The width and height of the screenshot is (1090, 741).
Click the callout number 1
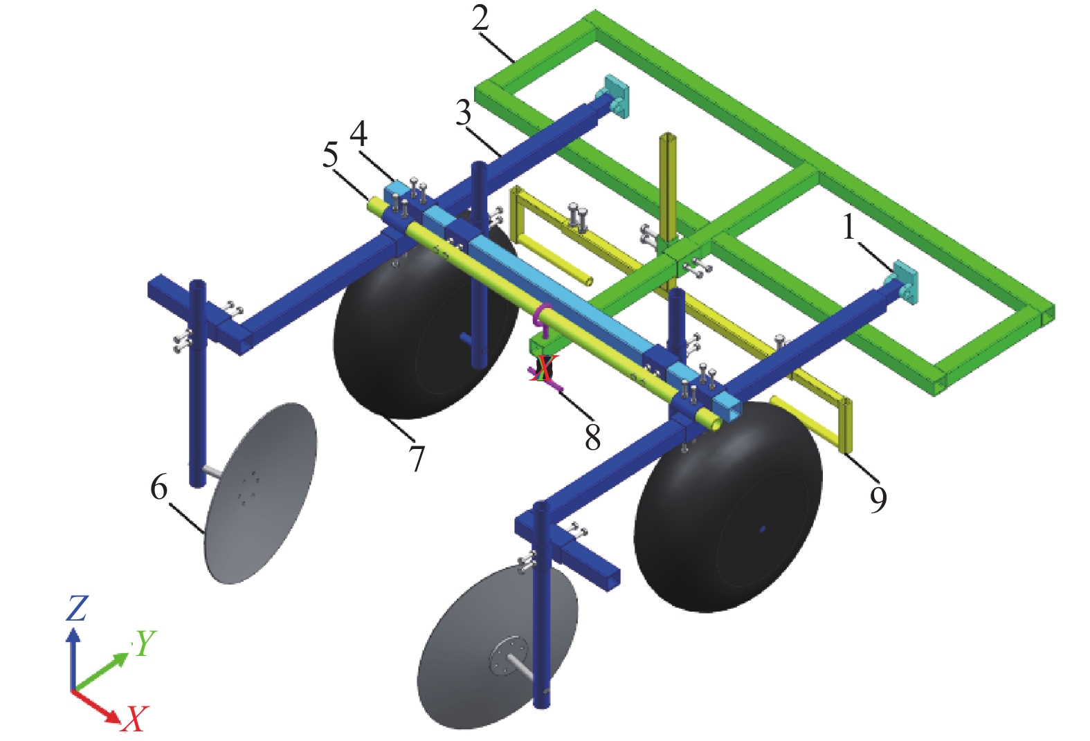pyautogui.click(x=848, y=227)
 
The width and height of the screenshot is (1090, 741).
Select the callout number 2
pyautogui.click(x=480, y=19)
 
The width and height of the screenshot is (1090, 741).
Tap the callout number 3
pyautogui.click(x=463, y=113)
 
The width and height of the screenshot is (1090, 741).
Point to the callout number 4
pyautogui.click(x=358, y=134)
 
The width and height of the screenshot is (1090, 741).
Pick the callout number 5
pyautogui.click(x=330, y=156)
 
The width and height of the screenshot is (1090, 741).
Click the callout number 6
pyautogui.click(x=159, y=487)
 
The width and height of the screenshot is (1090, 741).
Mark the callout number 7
pyautogui.click(x=417, y=458)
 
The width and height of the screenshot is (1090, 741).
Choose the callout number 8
pyautogui.click(x=592, y=437)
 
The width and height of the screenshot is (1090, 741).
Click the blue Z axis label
pyautogui.click(x=76, y=608)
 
